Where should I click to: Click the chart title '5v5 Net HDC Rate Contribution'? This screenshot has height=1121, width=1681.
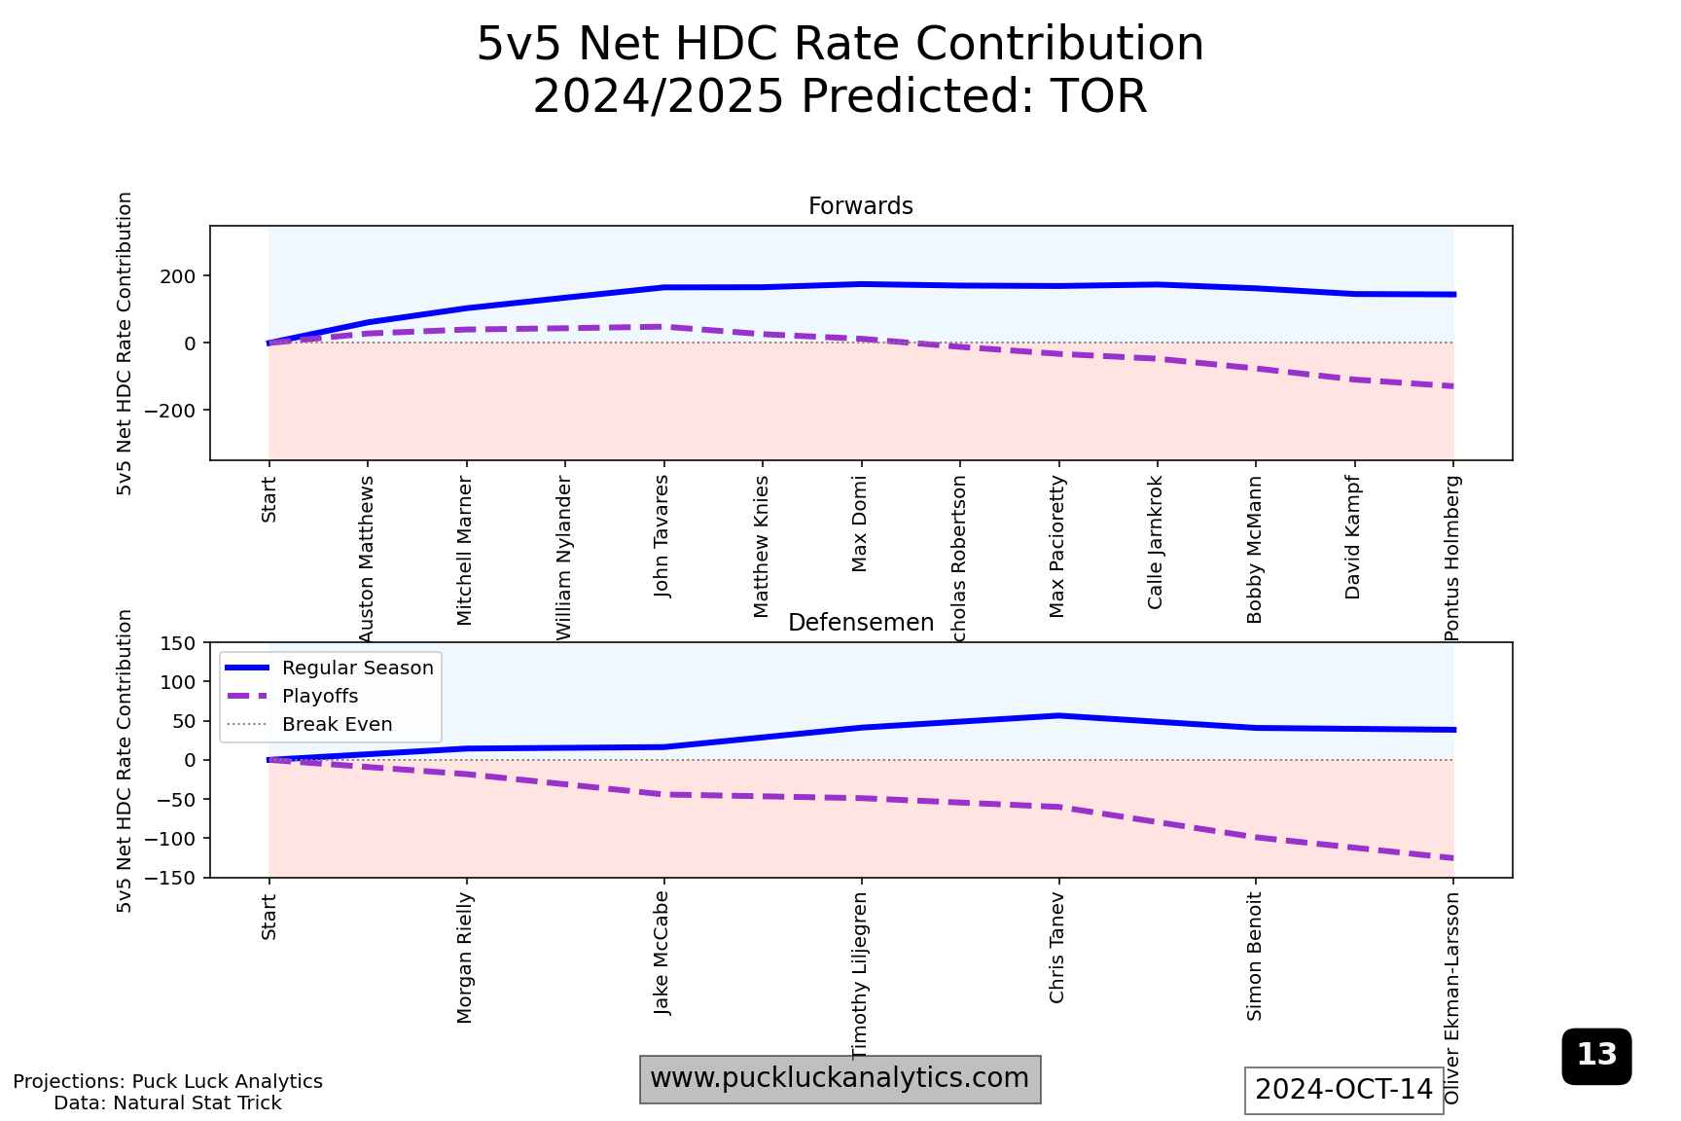[x=840, y=45]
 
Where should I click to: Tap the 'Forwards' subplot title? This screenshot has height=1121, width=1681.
[x=860, y=206]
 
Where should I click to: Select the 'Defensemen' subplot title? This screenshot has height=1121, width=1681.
[x=860, y=623]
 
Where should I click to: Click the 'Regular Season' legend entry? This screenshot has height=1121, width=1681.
[x=357, y=669]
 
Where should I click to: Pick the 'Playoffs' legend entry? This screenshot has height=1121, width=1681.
[x=320, y=697]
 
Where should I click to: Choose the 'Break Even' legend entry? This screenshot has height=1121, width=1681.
[x=337, y=725]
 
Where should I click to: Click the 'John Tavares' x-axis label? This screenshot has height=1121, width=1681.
[x=662, y=535]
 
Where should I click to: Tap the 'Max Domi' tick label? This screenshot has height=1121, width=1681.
[x=859, y=524]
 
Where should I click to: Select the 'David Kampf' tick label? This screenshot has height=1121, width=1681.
[x=1352, y=537]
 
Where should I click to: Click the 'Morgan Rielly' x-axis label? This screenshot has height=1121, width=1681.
[x=465, y=958]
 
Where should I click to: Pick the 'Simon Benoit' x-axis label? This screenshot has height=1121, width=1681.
[x=1255, y=957]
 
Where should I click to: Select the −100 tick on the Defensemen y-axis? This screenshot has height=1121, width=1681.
[x=170, y=839]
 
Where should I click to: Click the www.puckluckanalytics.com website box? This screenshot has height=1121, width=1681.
[x=840, y=1079]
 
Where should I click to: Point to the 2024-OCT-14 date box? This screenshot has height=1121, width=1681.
[x=1343, y=1090]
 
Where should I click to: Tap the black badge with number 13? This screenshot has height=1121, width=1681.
[x=1596, y=1056]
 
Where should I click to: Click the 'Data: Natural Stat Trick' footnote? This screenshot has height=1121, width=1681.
[x=167, y=1103]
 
